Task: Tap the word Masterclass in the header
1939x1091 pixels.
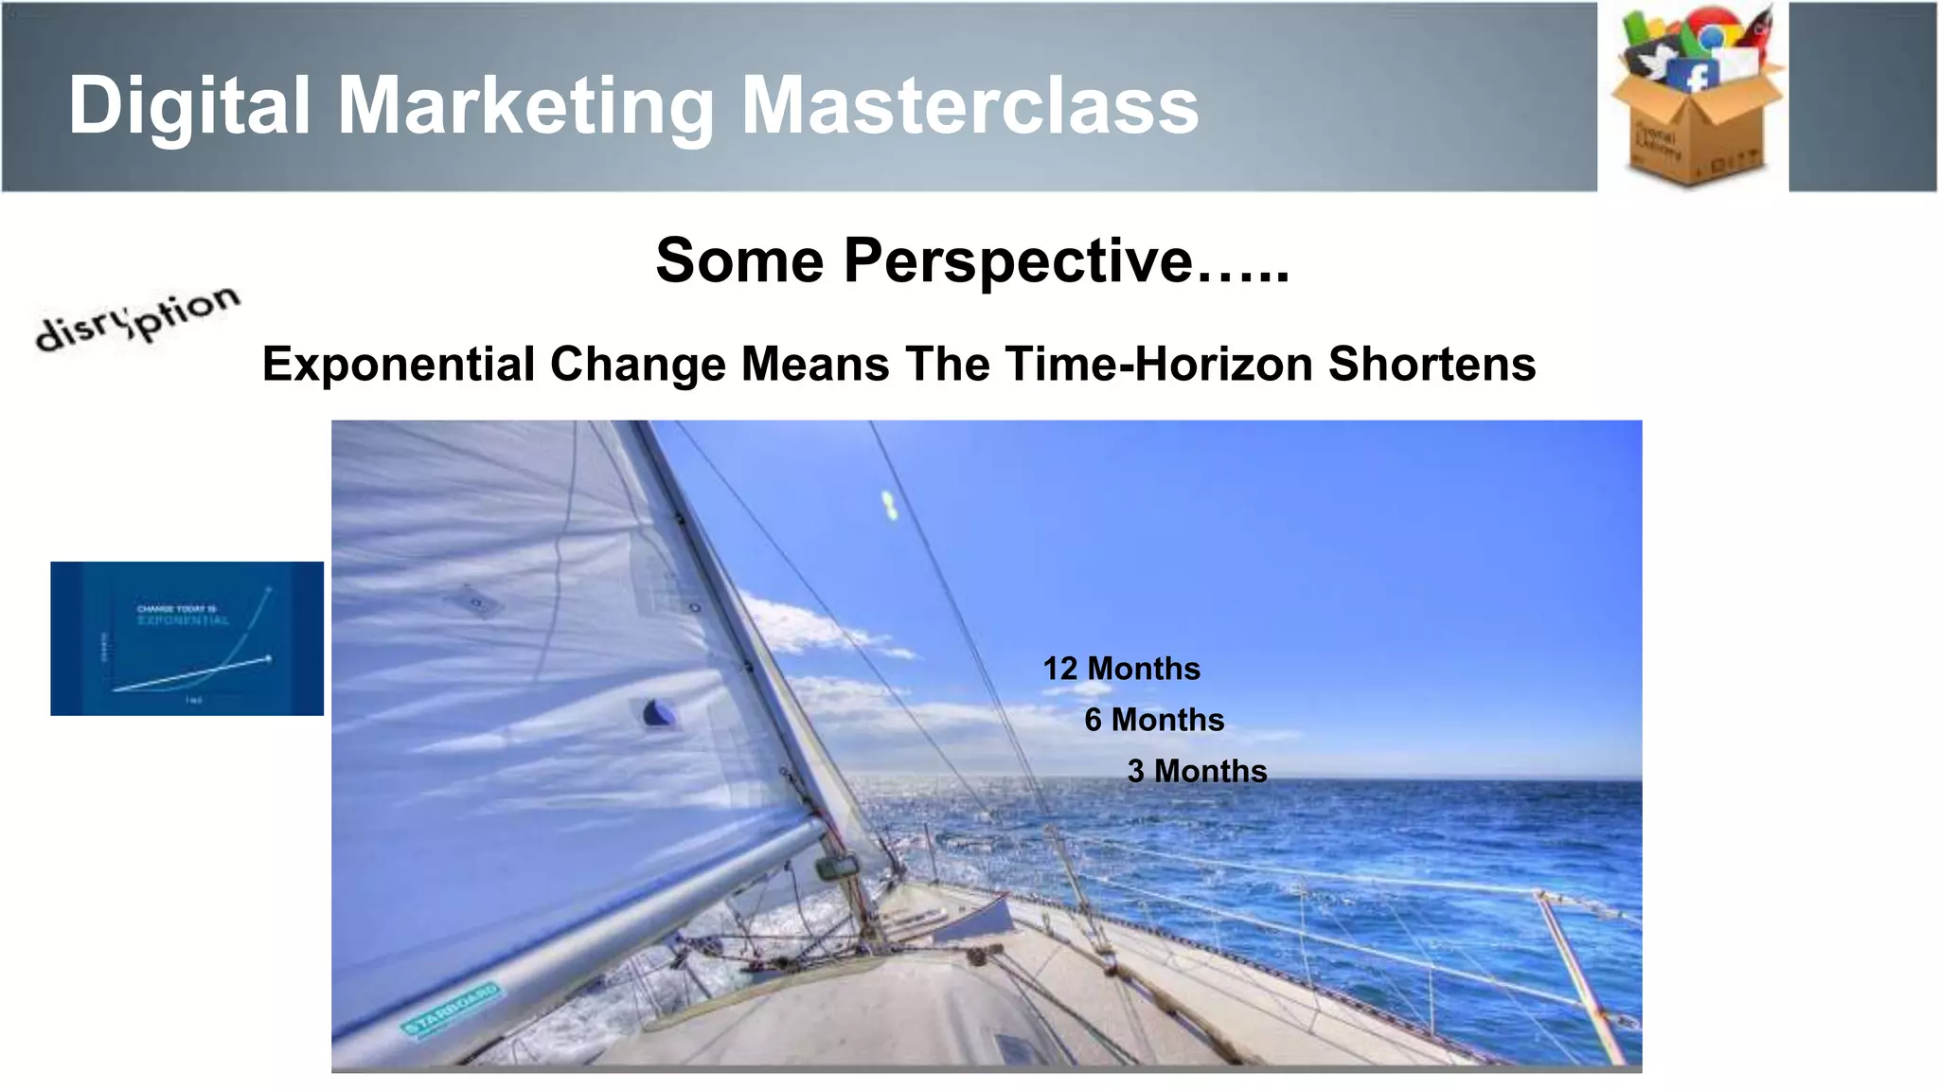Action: (x=969, y=106)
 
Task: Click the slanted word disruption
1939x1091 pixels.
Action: (x=138, y=318)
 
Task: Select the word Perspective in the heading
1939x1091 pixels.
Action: (x=1017, y=260)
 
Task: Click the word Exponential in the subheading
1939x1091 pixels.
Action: (x=399, y=365)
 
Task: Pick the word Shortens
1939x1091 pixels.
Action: (x=1432, y=365)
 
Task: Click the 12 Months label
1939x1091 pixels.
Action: (x=1121, y=669)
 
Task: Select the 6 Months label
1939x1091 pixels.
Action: (x=1154, y=720)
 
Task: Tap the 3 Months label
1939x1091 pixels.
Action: (x=1197, y=771)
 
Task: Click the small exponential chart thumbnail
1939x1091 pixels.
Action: (x=187, y=638)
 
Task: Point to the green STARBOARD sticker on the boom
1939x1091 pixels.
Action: (x=451, y=1011)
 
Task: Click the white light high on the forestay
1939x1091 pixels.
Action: (x=889, y=506)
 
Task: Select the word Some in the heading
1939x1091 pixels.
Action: (x=739, y=260)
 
